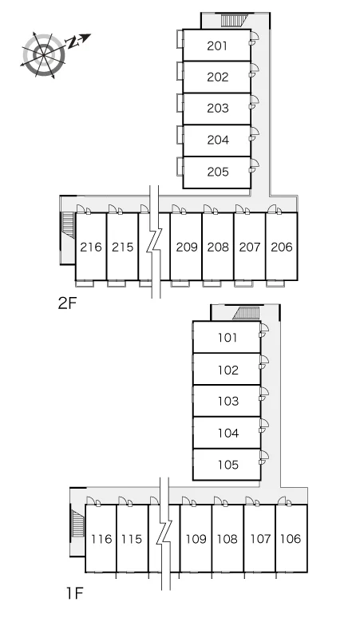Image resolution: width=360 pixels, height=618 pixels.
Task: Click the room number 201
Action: click(x=217, y=46)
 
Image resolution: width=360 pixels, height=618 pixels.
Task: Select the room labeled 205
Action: click(x=217, y=172)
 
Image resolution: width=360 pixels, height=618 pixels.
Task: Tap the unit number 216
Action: click(x=91, y=248)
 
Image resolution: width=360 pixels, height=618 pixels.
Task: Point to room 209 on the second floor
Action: click(x=186, y=248)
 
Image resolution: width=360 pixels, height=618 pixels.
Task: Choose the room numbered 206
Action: click(x=281, y=248)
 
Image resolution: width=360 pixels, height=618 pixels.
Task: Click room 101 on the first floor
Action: click(x=227, y=338)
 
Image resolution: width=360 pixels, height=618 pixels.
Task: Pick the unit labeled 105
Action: click(x=228, y=465)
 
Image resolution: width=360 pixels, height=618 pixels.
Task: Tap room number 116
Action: click(x=101, y=539)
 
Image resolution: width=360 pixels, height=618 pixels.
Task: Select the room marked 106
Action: click(x=291, y=539)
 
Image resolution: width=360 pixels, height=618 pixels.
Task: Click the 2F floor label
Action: click(x=67, y=303)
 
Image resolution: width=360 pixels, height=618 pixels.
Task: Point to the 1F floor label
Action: click(x=74, y=592)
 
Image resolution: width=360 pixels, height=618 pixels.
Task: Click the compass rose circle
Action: click(x=43, y=55)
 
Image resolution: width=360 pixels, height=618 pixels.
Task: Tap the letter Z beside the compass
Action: click(x=72, y=42)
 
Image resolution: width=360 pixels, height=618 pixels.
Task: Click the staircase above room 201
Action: click(x=234, y=20)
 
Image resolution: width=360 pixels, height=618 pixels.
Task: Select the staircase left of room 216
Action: click(x=68, y=225)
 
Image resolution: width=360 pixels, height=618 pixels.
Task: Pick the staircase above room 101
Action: click(x=246, y=313)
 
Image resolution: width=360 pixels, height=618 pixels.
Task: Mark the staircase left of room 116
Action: click(x=78, y=523)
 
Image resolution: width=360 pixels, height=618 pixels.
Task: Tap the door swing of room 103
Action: click(x=264, y=393)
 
